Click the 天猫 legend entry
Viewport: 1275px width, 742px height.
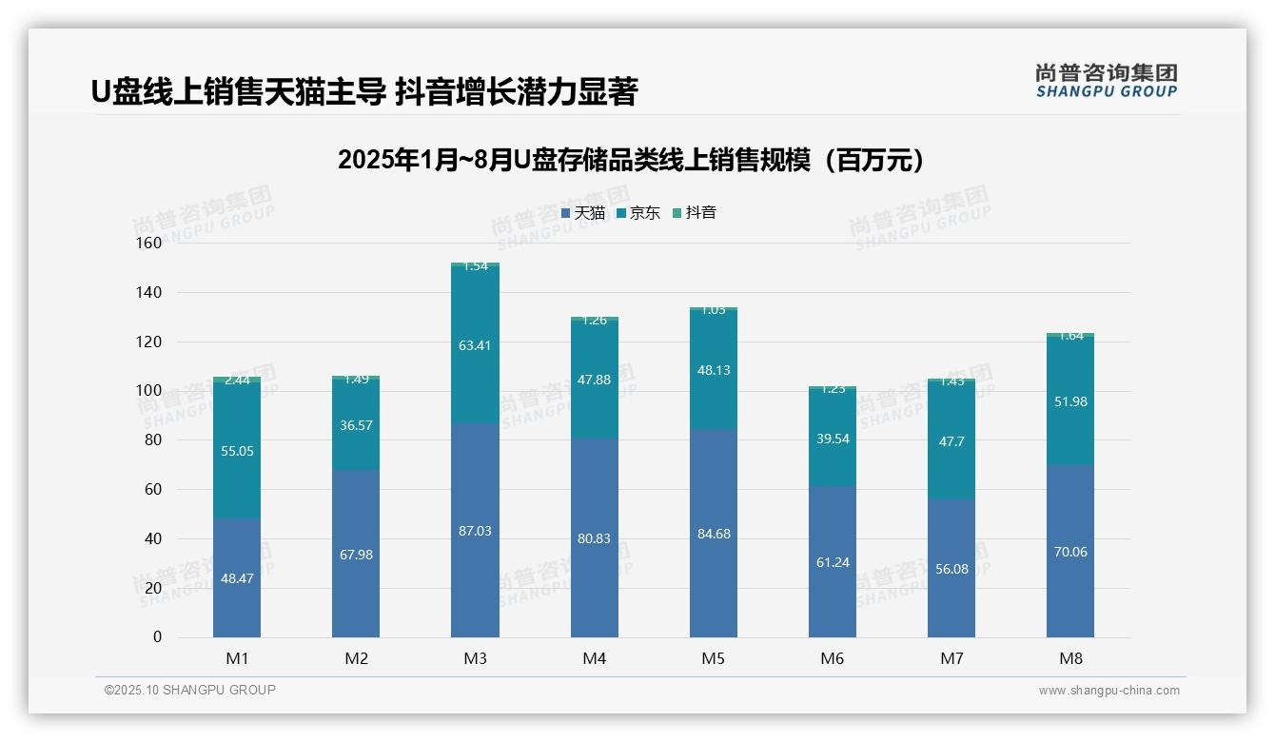(583, 213)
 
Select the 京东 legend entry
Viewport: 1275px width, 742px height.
(638, 213)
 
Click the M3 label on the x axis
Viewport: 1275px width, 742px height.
(475, 658)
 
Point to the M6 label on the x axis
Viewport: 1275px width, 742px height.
(833, 658)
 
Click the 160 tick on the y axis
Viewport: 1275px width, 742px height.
(149, 244)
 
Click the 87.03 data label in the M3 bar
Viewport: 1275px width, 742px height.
(475, 531)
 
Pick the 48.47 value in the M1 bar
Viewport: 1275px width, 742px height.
(237, 577)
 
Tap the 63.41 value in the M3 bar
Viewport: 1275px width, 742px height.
(475, 345)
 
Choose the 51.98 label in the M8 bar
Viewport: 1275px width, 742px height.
(1070, 401)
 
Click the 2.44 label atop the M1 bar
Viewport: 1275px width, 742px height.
(237, 381)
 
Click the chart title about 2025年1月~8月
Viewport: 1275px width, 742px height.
(631, 161)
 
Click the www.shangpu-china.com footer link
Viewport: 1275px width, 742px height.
(1108, 691)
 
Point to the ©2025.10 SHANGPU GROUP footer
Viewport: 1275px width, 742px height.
(190, 691)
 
